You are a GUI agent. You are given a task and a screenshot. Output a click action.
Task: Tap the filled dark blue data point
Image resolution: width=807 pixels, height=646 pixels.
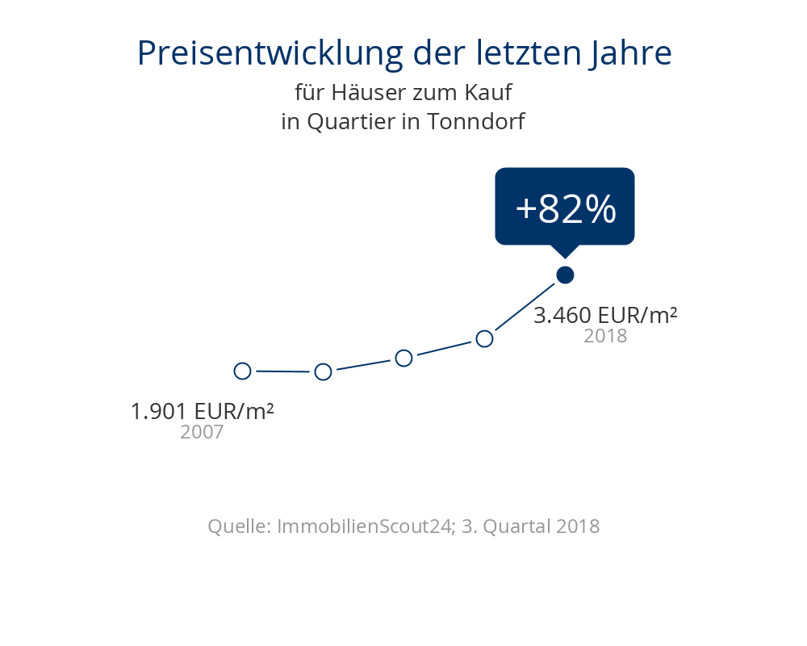tap(565, 275)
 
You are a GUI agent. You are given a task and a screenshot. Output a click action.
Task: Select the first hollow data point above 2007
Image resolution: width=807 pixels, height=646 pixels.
tap(242, 371)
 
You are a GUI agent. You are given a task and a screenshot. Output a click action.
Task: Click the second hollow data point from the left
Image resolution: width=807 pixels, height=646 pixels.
tap(323, 371)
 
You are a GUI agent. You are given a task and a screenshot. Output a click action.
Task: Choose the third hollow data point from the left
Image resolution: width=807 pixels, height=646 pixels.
tap(403, 358)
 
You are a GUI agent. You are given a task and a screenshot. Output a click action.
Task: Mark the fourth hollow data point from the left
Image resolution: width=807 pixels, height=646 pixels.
tap(484, 338)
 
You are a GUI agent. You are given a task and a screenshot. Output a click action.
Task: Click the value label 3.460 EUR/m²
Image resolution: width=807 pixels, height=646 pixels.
tap(605, 315)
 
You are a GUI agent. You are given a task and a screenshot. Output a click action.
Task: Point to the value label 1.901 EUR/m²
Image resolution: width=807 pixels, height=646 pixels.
tap(202, 411)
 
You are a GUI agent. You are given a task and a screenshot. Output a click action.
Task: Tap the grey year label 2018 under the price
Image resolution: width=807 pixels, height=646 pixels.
tap(605, 336)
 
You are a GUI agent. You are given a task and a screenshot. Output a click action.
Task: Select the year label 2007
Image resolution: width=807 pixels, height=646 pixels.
tap(202, 432)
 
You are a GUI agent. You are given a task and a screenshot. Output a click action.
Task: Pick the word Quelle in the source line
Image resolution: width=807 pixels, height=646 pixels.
tap(238, 526)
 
